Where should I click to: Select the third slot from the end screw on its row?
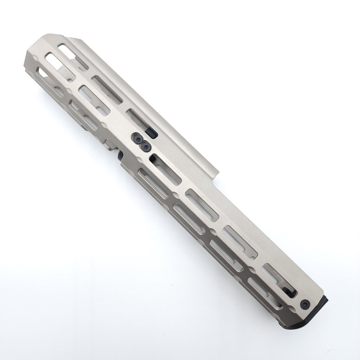point(202,205)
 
